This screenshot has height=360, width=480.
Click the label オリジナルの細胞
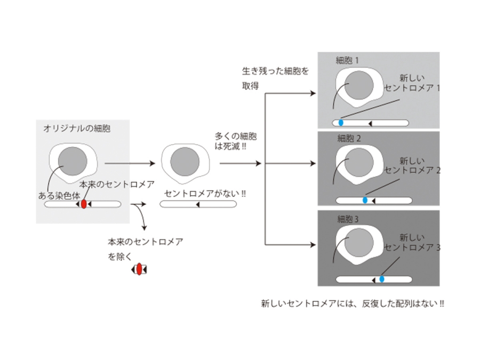pos(77,129)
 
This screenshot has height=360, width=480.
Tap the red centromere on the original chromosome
pos(84,204)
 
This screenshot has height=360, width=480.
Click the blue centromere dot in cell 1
pos(341,123)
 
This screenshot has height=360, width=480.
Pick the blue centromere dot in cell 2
pos(365,200)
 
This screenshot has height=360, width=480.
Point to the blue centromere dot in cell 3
pos(382,279)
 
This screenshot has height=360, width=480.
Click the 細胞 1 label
pos(348,60)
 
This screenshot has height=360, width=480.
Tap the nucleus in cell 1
pos(358,86)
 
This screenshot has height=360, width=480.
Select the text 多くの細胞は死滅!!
pos(231,141)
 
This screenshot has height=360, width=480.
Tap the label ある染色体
pos(59,195)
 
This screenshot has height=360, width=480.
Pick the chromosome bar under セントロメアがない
pos(198,204)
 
